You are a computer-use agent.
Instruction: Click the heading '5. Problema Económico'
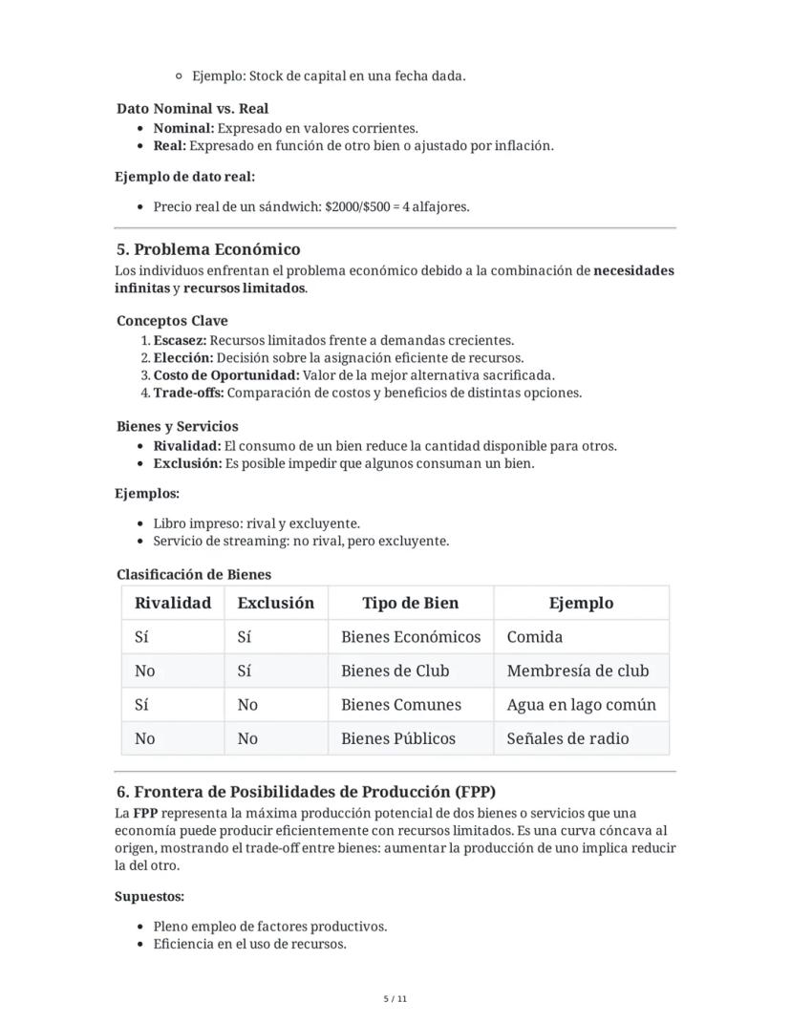(208, 249)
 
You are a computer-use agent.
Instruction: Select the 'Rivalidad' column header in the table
(173, 603)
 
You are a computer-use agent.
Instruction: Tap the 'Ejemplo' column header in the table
(581, 603)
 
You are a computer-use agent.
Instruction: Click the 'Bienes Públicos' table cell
(398, 738)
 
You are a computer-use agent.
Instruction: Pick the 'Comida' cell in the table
(535, 637)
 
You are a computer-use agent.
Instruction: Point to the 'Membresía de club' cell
(577, 671)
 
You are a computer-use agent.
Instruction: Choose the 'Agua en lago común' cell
(581, 705)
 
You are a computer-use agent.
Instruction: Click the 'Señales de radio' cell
(567, 738)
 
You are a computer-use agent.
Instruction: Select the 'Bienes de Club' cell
(395, 671)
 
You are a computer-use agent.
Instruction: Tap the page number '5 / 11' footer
(395, 999)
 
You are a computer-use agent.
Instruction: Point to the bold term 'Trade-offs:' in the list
(188, 393)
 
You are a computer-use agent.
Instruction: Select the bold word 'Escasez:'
(180, 340)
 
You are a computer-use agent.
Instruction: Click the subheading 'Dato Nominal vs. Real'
(192, 109)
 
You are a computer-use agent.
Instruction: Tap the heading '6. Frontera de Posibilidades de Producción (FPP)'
(306, 792)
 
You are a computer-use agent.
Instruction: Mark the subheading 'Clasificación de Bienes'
(194, 574)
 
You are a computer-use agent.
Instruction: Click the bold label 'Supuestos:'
(149, 897)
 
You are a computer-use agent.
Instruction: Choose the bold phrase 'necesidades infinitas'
(632, 270)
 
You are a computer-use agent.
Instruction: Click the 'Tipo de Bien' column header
(410, 603)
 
